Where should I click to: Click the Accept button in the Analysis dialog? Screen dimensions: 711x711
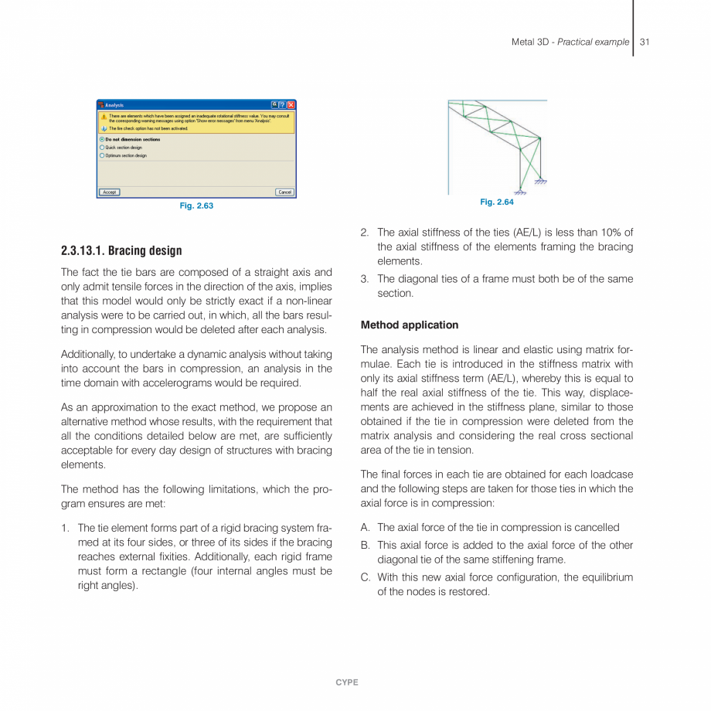(109, 192)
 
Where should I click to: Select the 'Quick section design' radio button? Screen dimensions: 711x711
(102, 148)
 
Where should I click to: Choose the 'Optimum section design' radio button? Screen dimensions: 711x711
(102, 155)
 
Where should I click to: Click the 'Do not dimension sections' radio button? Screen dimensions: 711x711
(102, 140)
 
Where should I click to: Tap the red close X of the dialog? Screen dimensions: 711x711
(291, 104)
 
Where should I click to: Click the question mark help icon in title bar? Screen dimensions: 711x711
(283, 104)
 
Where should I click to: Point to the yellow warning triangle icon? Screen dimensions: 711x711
(104, 117)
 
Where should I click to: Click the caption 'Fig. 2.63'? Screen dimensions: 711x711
(196, 206)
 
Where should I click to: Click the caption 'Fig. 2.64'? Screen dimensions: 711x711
(496, 202)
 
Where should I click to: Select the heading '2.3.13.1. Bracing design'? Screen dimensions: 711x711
(121, 250)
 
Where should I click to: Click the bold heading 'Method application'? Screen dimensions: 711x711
(409, 325)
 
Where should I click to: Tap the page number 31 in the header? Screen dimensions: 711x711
(645, 42)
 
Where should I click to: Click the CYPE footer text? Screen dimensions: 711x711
(347, 682)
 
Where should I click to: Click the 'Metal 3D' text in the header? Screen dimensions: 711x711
(529, 42)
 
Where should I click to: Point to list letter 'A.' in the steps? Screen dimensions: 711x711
(366, 527)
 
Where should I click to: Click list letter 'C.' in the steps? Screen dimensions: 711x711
(366, 577)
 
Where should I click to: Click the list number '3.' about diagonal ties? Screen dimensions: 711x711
(366, 279)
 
